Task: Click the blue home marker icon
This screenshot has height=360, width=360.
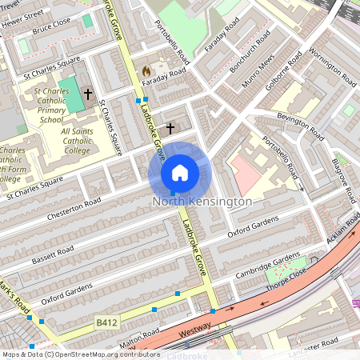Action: [180, 172]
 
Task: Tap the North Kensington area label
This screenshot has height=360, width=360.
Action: [202, 202]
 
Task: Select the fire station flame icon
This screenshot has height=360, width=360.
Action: [146, 71]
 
